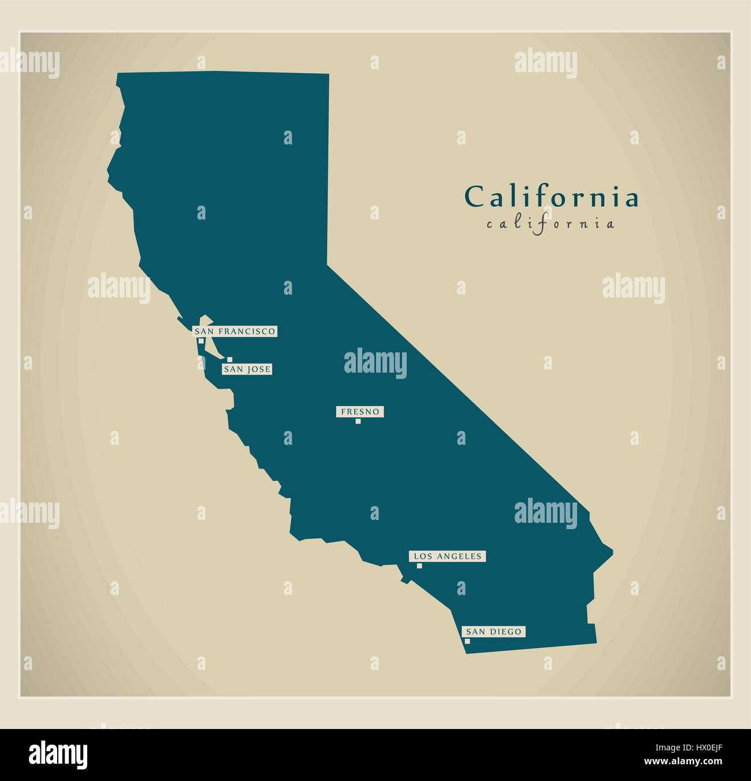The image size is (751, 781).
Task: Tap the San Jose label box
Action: (247, 369)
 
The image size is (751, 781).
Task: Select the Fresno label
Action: (360, 412)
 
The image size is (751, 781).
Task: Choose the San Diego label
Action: (493, 631)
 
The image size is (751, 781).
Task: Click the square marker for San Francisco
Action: (200, 341)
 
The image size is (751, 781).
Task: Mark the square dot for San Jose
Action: (229, 359)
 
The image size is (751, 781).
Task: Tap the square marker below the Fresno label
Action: (358, 421)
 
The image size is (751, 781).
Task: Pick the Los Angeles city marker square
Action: (419, 566)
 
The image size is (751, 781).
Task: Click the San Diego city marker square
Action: (467, 641)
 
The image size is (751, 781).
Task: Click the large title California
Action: (552, 197)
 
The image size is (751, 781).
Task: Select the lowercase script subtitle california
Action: (551, 224)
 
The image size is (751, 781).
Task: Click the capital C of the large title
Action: (474, 197)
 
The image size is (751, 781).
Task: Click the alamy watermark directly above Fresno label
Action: (374, 362)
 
